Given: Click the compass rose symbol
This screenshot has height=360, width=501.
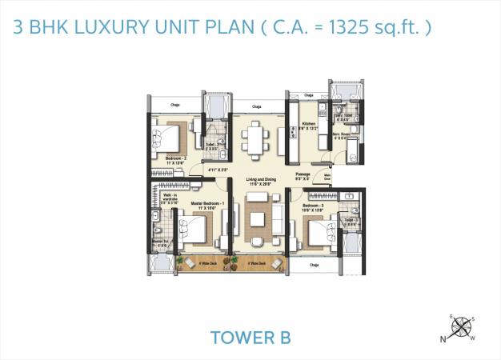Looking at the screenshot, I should [x=461, y=327].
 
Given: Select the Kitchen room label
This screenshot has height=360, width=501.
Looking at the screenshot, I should [x=310, y=124].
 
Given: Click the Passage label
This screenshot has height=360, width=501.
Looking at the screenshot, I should [x=303, y=174].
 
